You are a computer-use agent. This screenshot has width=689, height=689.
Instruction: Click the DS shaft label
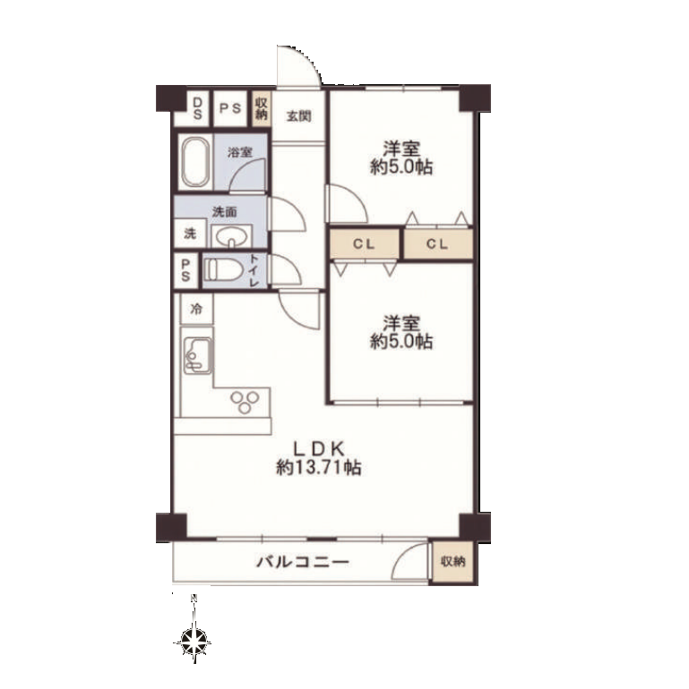coord(197,108)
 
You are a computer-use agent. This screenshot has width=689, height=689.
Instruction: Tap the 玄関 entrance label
coord(298,116)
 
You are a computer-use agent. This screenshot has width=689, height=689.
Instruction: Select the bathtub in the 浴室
coord(195,162)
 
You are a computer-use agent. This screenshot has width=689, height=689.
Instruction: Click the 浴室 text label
coord(240,152)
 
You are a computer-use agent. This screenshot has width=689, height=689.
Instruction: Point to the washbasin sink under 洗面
coord(231,236)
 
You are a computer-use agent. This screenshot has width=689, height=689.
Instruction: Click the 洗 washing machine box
coord(191,234)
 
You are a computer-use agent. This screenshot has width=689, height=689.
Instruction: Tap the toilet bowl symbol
coord(221,269)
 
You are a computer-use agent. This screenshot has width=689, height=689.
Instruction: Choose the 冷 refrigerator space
coord(197,309)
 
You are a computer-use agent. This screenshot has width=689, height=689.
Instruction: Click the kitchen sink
coord(197,355)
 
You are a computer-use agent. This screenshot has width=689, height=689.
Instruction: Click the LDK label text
coord(319,448)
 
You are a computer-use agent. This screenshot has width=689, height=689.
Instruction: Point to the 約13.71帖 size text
coord(319,467)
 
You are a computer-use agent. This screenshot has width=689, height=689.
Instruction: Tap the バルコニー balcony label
coord(303,562)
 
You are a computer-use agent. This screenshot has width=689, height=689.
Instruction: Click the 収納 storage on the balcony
coord(453,562)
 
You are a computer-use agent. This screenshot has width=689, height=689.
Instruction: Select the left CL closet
coord(364,244)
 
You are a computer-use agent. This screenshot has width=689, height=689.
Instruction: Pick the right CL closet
coord(438,244)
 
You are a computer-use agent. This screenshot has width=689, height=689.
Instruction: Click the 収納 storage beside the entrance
coord(262,108)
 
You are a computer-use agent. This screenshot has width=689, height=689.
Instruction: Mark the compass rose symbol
coord(194,642)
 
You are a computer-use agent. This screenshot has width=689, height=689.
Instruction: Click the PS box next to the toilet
coord(185,270)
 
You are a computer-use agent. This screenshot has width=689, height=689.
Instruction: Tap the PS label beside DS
coord(230,108)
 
